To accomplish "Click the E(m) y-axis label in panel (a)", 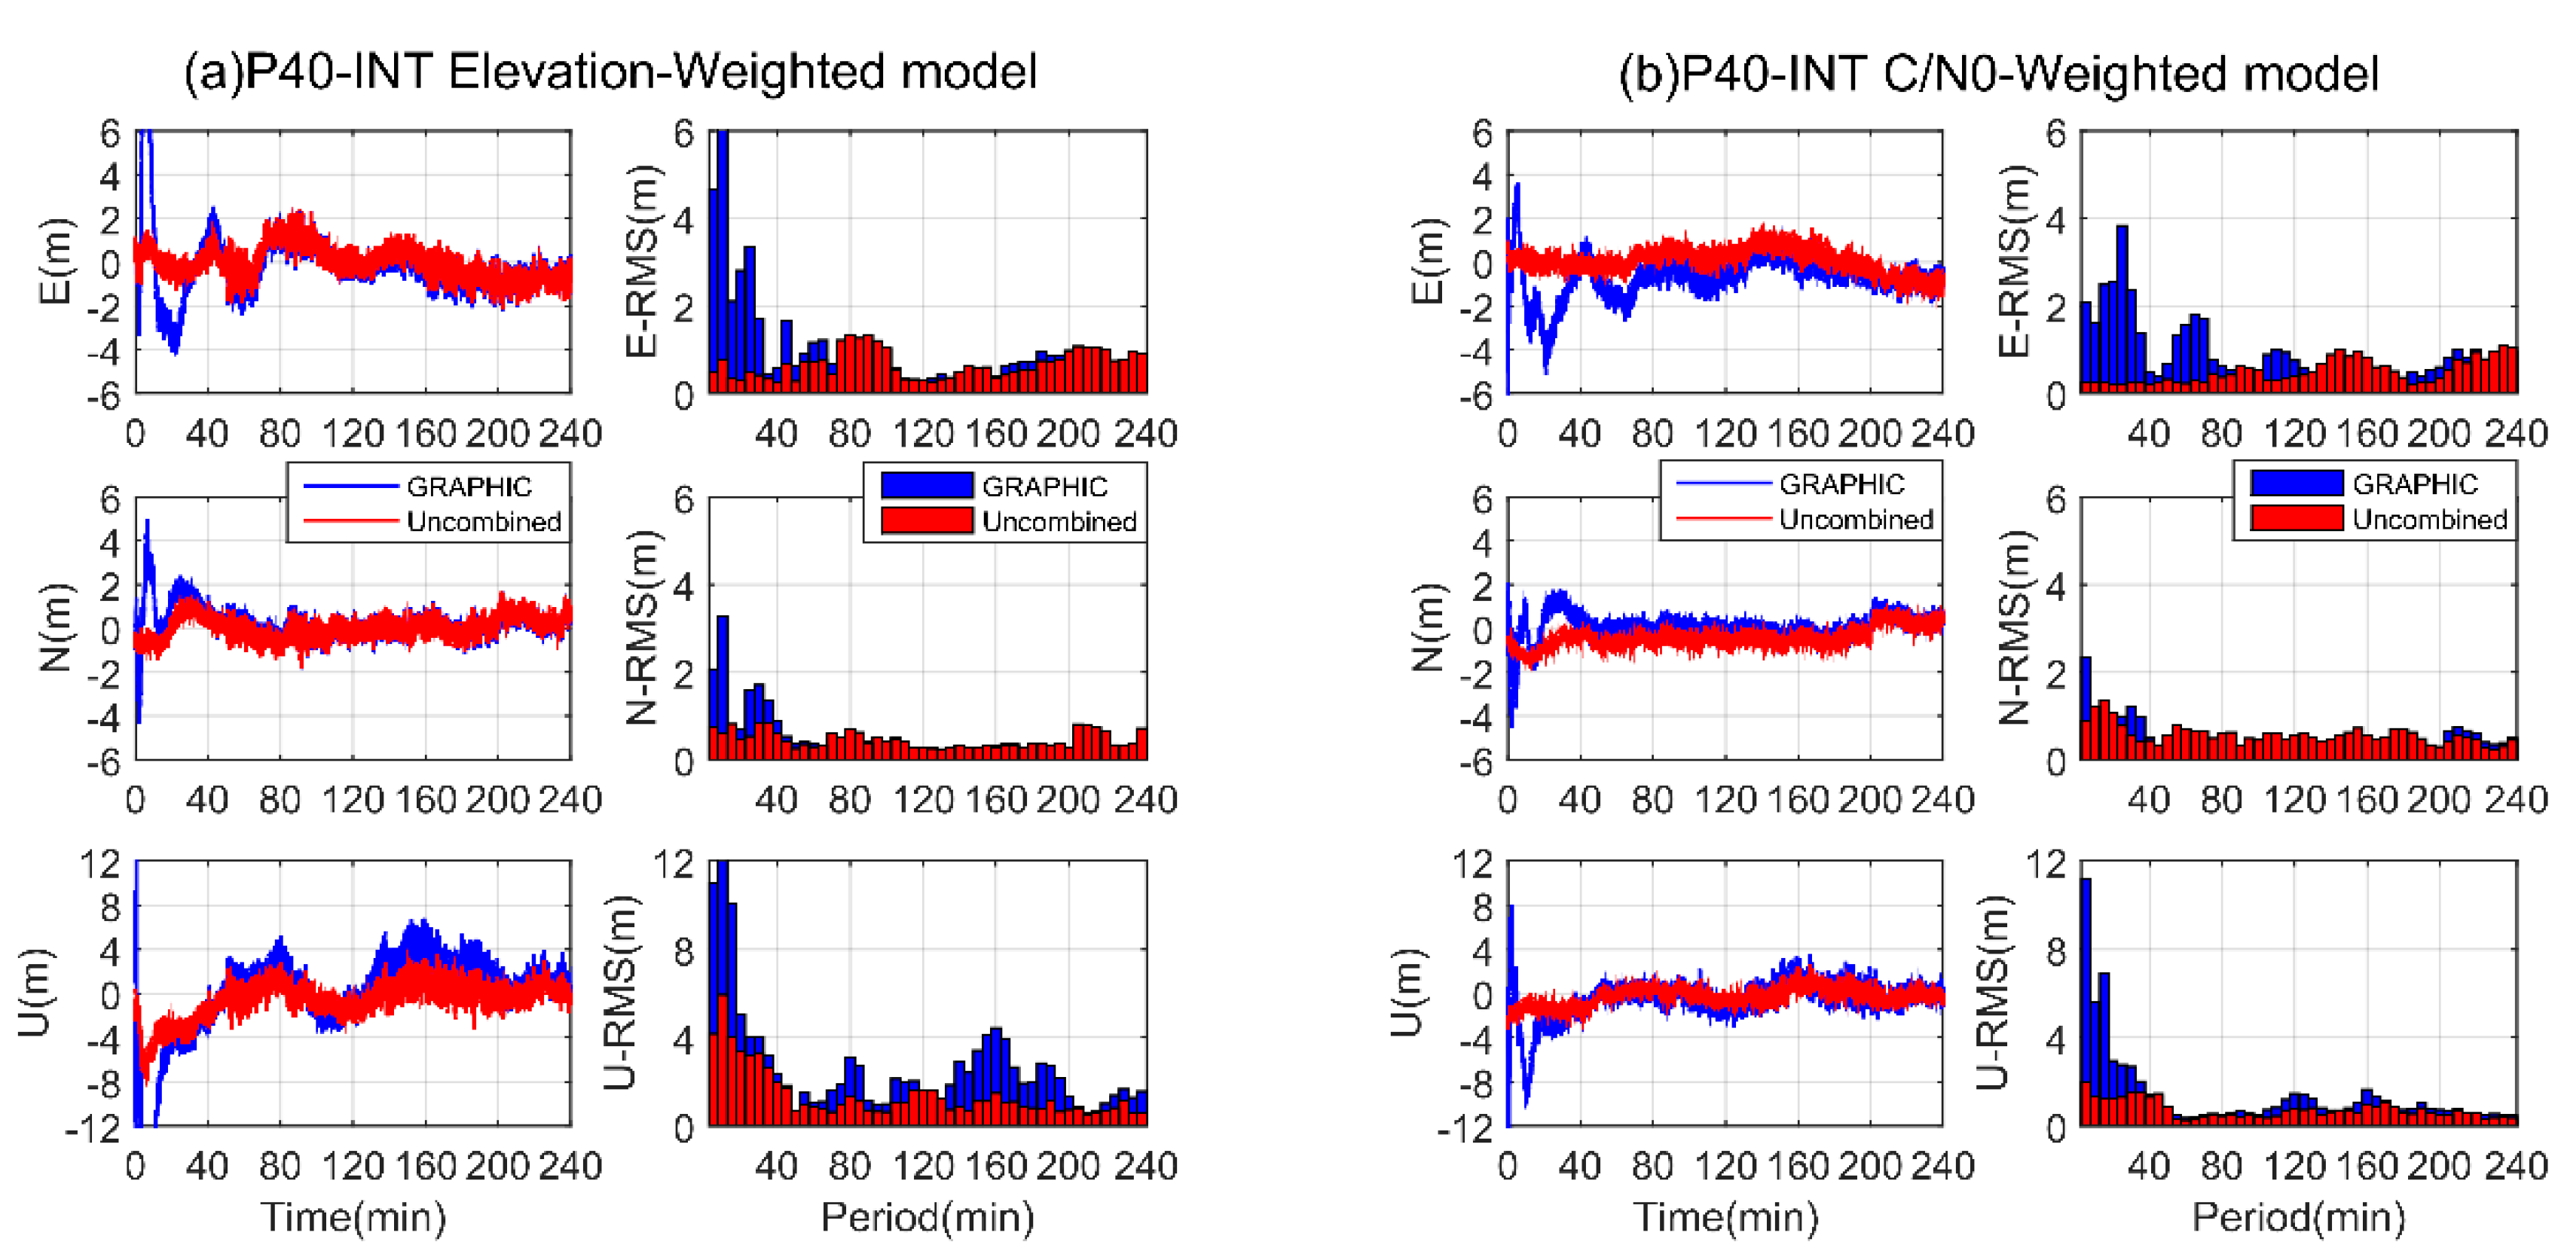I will coord(56,261).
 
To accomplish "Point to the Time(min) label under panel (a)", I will coord(353,1217).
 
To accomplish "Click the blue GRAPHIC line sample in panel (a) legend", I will coord(350,487).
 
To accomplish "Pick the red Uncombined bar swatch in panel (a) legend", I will coord(926,520).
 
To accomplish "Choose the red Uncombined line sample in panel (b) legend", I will coord(1723,518).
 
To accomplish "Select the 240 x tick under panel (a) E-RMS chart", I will coord(1146,434).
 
